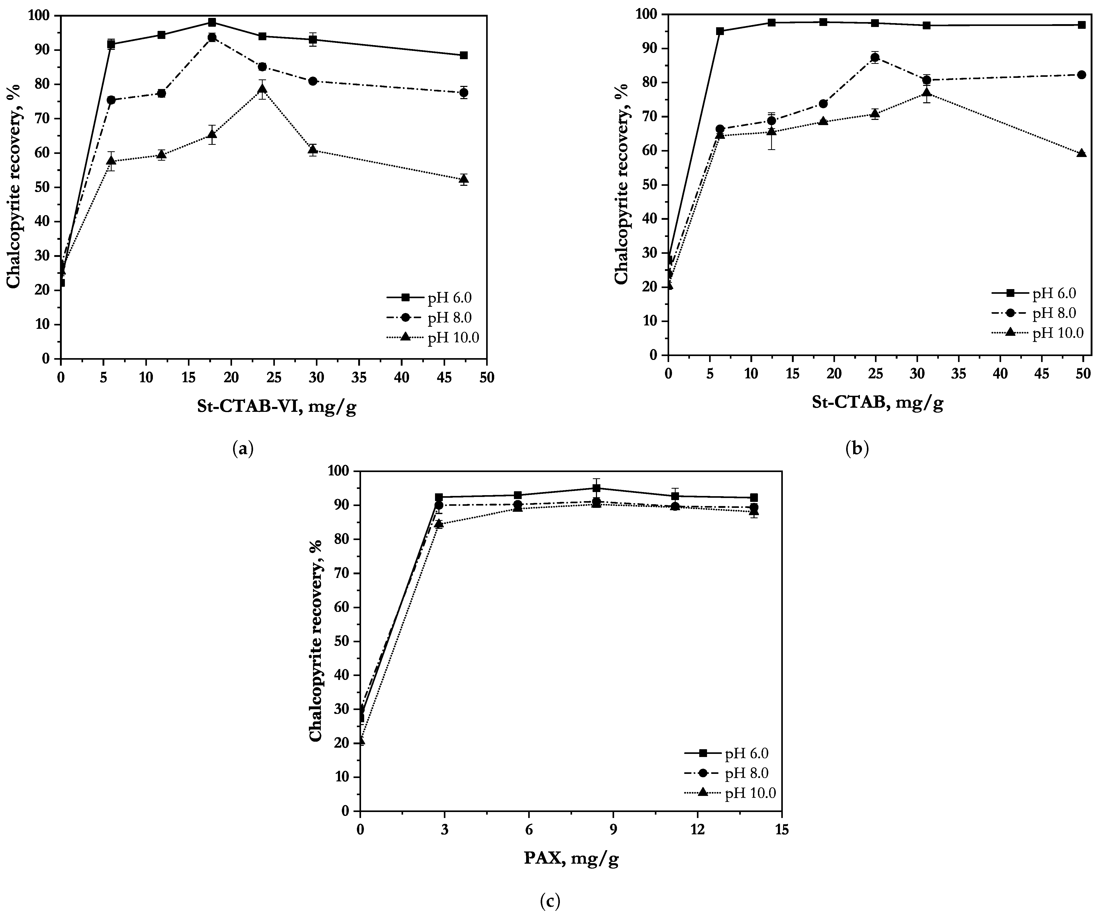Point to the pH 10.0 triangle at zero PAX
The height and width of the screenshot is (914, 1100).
360,740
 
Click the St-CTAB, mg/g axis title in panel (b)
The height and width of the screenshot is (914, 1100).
877,402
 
